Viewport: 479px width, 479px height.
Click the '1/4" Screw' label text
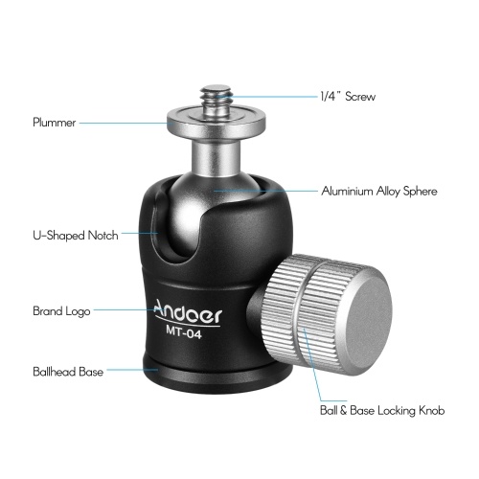[x=348, y=97]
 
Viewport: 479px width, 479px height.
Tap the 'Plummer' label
[x=55, y=123]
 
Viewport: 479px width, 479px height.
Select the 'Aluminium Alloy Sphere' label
[x=379, y=191]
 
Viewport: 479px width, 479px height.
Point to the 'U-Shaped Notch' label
[x=76, y=236]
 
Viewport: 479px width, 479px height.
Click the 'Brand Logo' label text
[x=61, y=311]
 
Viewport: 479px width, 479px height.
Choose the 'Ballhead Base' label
[x=68, y=372]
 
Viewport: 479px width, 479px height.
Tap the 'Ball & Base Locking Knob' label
[x=382, y=410]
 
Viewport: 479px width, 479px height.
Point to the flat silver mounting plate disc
[x=217, y=123]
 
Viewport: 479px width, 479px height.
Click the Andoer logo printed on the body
[x=188, y=313]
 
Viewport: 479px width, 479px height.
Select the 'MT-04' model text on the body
[x=184, y=331]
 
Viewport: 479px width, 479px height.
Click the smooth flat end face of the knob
[x=367, y=320]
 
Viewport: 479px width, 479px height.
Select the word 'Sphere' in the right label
[x=421, y=191]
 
